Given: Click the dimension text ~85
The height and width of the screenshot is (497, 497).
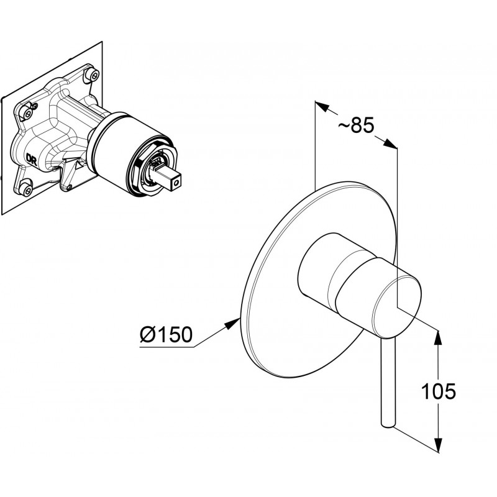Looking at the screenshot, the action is pos(356,125).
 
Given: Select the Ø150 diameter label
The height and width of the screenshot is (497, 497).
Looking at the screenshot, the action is pos(166,334).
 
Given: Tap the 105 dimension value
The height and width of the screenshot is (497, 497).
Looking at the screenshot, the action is pos(439,391).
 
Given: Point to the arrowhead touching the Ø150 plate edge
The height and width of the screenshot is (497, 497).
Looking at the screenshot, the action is pos(232,324).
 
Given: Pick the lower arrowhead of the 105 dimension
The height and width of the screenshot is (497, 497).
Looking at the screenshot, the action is pos(438,444).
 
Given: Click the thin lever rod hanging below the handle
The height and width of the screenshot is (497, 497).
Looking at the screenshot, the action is pos(388,384).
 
